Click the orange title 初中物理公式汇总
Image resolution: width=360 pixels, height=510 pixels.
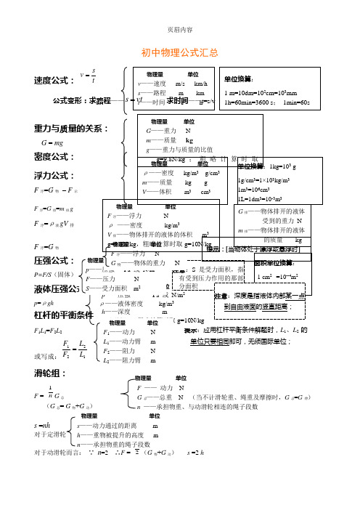(180, 54)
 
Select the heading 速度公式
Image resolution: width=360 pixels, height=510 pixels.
(54, 79)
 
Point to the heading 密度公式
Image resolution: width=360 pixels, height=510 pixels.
(54, 156)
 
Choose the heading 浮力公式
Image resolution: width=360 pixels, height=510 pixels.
(54, 175)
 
